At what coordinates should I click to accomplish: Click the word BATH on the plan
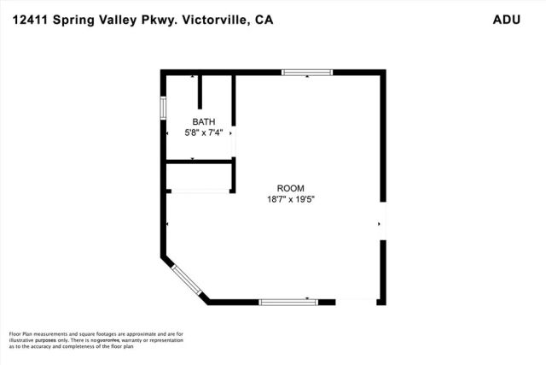coord(203,121)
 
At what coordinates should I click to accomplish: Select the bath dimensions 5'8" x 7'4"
coord(203,132)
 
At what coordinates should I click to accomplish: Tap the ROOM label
coord(289,188)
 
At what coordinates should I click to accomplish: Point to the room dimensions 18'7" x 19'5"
coord(289,199)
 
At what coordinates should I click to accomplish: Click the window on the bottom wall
coord(288,301)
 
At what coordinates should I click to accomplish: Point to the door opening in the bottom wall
coord(357,301)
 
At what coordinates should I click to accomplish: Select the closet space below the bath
coord(199,176)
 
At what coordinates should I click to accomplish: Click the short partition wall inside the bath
coord(200,91)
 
